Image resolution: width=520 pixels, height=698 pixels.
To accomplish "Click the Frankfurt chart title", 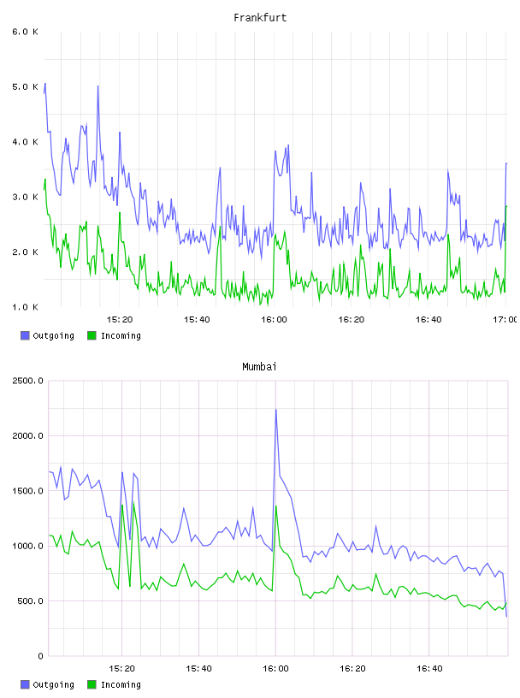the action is coord(260,18).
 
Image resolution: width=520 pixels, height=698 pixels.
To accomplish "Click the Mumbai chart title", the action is coord(259,367).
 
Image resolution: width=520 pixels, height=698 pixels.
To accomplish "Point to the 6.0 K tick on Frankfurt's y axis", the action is coord(25,32).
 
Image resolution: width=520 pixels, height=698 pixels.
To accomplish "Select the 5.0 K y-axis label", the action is coord(25,86).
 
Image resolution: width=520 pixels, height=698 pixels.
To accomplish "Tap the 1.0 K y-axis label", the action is coord(25,307).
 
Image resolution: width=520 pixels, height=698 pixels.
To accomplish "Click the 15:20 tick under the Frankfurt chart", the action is coord(120,320).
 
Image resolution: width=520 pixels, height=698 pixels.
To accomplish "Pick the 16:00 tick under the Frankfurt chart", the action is coord(275,320).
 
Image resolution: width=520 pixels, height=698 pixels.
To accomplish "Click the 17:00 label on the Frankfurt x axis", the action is coord(505,320).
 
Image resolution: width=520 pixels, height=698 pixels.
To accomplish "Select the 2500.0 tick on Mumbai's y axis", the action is coord(27,381).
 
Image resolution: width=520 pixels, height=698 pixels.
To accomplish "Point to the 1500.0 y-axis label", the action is coord(27,491).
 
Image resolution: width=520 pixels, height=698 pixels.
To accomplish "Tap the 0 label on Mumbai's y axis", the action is coord(40,656).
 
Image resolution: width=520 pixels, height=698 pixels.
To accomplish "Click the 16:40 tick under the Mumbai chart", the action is coord(429,669).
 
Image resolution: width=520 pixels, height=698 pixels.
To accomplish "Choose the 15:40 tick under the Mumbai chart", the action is coord(198,669).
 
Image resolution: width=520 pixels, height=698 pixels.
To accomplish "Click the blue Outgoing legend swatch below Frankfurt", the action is coord(25,335).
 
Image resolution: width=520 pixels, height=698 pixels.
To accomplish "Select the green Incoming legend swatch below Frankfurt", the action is coord(92,335).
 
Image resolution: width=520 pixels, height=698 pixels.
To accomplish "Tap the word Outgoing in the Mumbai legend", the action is coord(53,684).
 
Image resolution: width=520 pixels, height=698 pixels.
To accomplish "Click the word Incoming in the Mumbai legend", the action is coord(121,684).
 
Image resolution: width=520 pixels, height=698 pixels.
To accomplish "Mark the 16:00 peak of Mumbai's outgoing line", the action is coord(276,410).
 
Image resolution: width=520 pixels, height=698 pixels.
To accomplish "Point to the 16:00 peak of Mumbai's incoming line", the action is coord(276,506).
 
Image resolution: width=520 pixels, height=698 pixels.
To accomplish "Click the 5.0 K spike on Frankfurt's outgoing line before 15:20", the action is coord(98,86).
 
